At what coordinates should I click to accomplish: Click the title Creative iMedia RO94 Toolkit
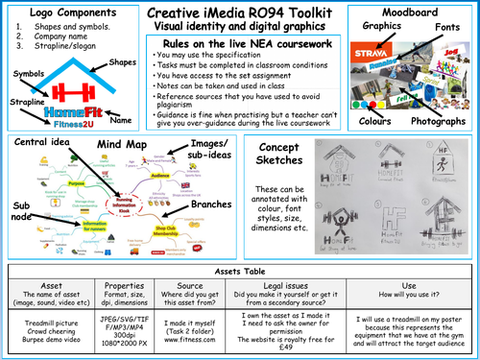coord(240,11)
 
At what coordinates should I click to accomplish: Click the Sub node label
coord(18,210)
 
